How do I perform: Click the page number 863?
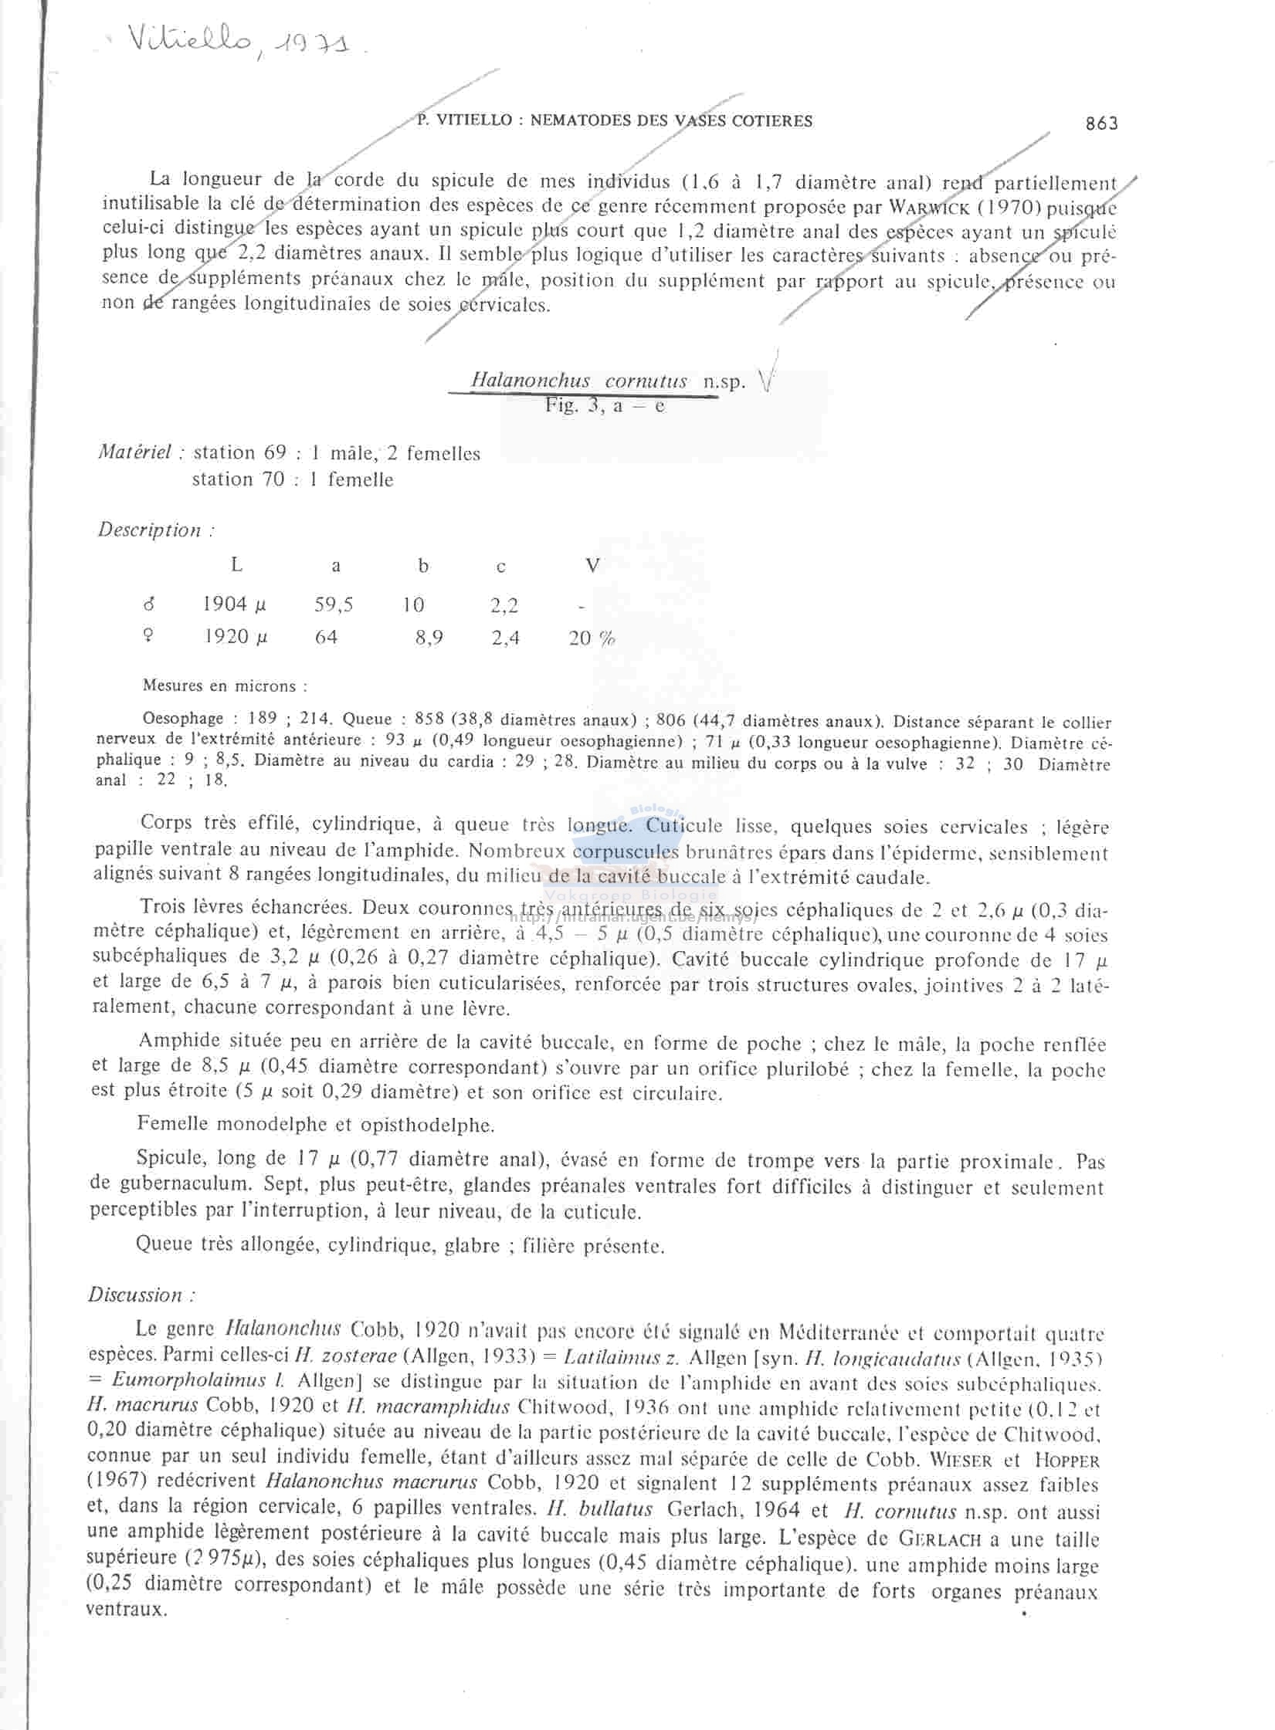(1101, 124)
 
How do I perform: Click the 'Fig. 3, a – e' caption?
(605, 406)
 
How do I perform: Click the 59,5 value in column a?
(334, 604)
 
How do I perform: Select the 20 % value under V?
(592, 638)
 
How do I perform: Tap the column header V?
(592, 566)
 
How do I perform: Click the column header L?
(236, 565)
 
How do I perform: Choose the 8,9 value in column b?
(429, 638)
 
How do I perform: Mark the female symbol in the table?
(148, 637)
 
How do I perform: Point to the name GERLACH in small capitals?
(940, 1539)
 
